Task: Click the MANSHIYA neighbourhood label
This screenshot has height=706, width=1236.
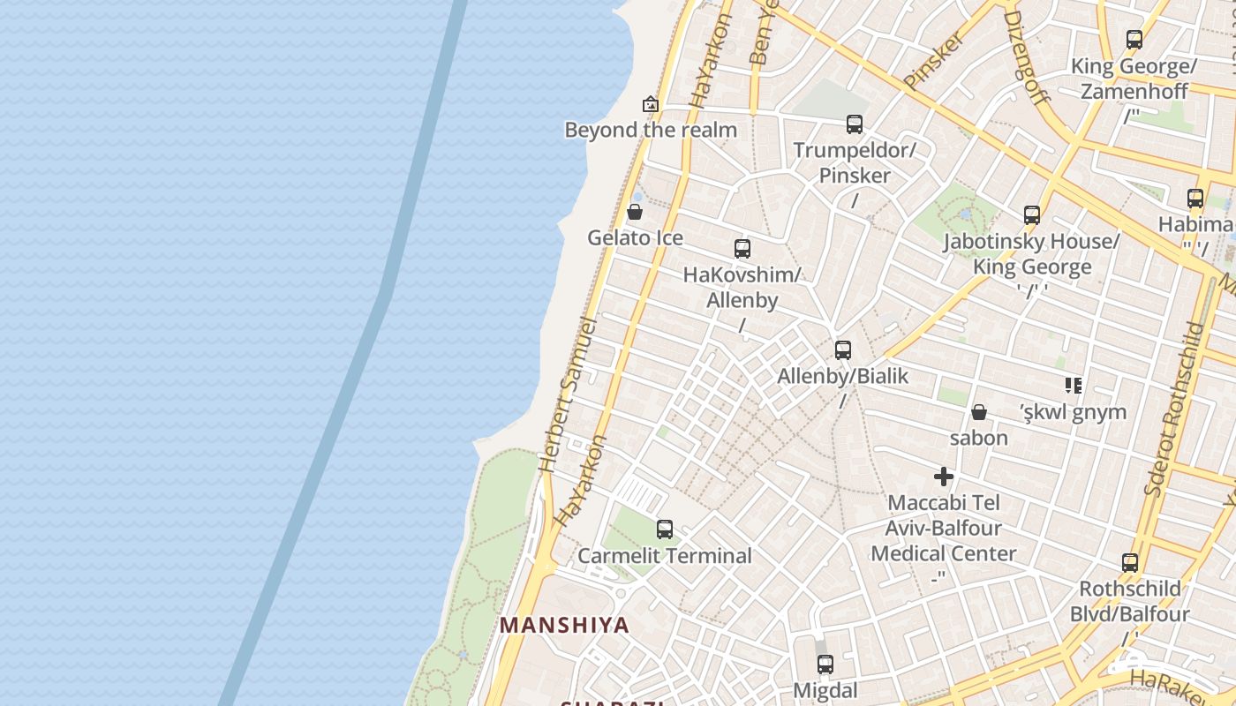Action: [565, 625]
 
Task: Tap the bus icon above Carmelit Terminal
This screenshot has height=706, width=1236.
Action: [665, 529]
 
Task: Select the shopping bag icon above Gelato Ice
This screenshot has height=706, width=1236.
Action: [634, 212]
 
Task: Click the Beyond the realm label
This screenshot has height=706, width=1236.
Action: [651, 131]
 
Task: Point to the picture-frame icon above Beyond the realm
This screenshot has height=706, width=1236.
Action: [651, 104]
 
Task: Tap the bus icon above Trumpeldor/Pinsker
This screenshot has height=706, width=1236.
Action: [854, 124]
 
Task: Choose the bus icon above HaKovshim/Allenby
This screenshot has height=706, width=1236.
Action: [742, 249]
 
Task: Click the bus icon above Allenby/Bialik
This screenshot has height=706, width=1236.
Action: [842, 350]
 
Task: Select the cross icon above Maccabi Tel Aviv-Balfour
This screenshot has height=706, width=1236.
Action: [944, 477]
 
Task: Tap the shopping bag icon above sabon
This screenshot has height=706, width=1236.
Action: [978, 412]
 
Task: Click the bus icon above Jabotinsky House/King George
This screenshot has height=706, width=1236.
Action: [1031, 214]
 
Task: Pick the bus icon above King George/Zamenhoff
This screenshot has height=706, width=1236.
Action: [1134, 40]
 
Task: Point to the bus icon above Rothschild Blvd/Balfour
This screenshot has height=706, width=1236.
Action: [1130, 563]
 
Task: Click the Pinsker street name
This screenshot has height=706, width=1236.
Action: [933, 60]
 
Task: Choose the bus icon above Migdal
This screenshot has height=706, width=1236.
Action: [825, 665]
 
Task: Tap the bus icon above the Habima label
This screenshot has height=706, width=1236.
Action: [1195, 199]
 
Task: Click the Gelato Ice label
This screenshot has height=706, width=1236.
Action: [635, 238]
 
